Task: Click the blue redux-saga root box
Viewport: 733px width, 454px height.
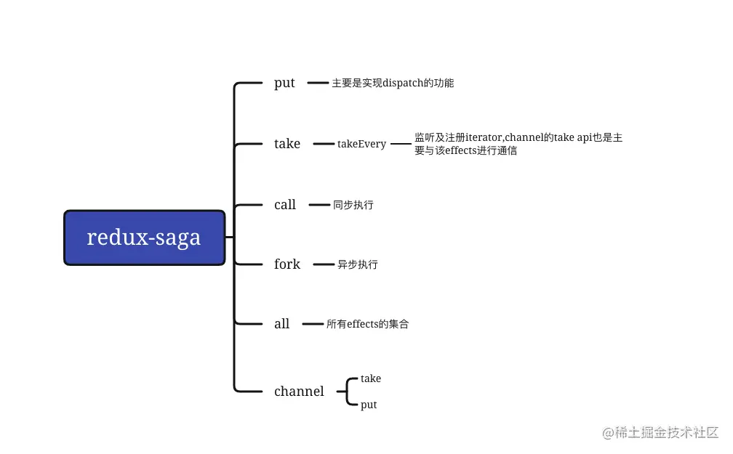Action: pos(145,238)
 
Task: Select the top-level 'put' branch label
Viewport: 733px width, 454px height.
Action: pos(284,83)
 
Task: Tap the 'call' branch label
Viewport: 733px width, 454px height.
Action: pos(285,205)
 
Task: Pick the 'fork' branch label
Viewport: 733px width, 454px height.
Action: pos(287,264)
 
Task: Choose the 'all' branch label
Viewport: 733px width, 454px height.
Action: pos(281,323)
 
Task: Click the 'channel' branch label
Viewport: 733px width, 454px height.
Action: pos(299,391)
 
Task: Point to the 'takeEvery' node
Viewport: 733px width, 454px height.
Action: pos(361,144)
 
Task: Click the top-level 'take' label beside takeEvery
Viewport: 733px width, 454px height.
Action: pos(287,143)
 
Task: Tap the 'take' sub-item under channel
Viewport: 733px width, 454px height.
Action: pos(371,378)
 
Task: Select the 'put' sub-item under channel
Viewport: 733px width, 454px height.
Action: pos(369,405)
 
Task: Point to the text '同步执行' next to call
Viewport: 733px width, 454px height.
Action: pos(353,205)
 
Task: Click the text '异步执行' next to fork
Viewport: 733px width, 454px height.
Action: pos(358,264)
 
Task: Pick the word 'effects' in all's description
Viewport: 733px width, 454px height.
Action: pos(362,324)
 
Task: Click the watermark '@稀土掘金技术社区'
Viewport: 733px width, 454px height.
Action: pos(660,432)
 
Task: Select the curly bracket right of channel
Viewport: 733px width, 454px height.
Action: pos(348,392)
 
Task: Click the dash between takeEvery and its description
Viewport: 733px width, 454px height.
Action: pos(401,144)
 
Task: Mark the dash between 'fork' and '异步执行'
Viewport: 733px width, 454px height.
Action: pos(324,264)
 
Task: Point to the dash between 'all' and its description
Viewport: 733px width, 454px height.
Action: pos(313,324)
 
